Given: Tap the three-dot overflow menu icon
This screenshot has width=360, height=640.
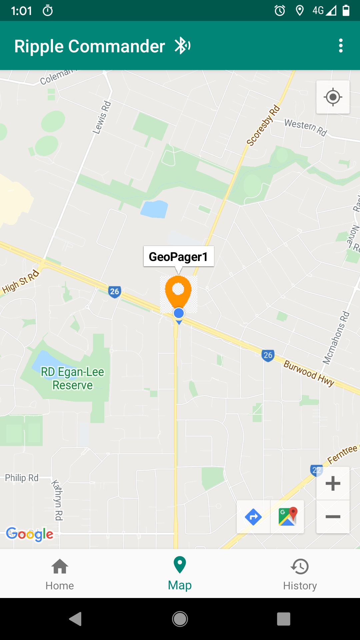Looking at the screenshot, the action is click(340, 46).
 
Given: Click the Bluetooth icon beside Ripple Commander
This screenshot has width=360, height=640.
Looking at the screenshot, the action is click(182, 46).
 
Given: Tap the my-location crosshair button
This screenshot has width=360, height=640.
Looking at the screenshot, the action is click(333, 97).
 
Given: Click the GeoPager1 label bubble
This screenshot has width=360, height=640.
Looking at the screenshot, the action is click(178, 257).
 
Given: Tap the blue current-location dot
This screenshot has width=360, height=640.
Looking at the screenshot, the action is click(179, 313).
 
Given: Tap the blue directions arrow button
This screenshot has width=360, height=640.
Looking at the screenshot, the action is click(253, 517).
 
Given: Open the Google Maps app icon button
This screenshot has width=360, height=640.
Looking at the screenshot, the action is click(287, 517).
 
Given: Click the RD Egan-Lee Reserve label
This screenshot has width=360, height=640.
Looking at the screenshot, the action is click(72, 378).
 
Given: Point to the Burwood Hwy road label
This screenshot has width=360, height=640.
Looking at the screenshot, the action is click(309, 373).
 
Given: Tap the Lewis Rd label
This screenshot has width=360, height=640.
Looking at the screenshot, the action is click(102, 118).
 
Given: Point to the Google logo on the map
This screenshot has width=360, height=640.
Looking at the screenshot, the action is click(30, 534).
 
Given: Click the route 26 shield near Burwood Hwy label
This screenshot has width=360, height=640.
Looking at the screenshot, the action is click(268, 355).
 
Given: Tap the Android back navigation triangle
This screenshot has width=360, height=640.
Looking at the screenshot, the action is click(76, 619).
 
